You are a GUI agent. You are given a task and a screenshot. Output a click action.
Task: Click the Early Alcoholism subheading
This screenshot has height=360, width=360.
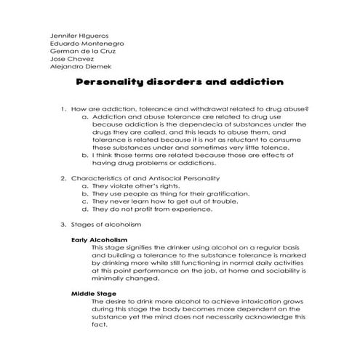(x=99, y=239)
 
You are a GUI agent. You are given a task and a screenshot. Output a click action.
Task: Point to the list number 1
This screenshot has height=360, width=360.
(x=63, y=108)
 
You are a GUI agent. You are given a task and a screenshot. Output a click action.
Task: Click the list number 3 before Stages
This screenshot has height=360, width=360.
(x=63, y=224)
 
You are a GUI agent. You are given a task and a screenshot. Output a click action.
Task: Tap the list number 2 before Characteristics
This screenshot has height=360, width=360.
(x=63, y=177)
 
